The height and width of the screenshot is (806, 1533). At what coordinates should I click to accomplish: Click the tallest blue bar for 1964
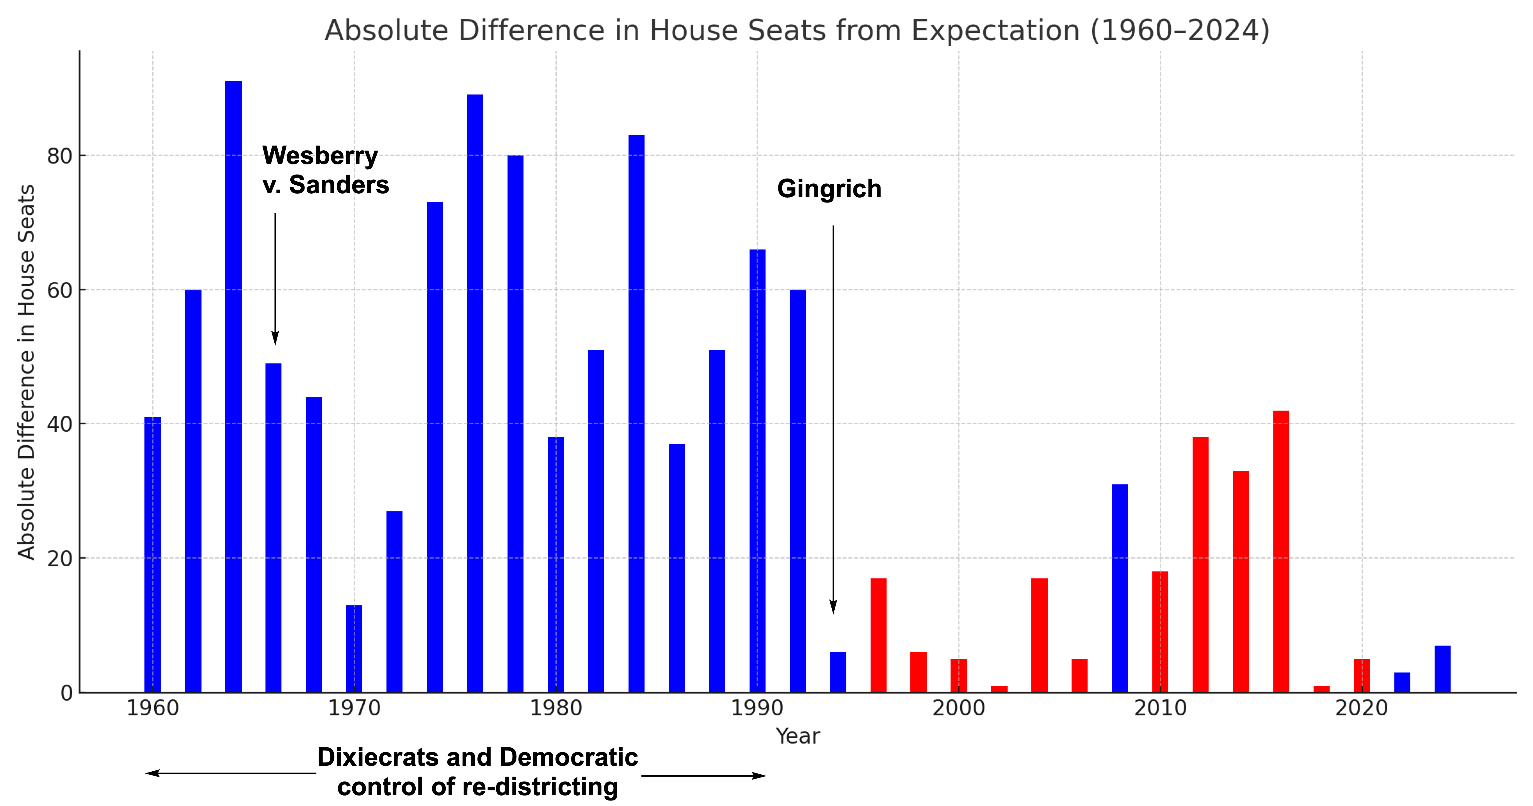pyautogui.click(x=233, y=387)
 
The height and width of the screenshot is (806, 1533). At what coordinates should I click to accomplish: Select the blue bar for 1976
pyautogui.click(x=475, y=393)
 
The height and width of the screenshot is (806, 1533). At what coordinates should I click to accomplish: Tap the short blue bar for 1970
pyautogui.click(x=354, y=649)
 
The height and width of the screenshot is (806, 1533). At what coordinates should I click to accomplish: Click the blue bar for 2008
pyautogui.click(x=1119, y=588)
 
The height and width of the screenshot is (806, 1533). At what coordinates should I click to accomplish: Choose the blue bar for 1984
pyautogui.click(x=636, y=414)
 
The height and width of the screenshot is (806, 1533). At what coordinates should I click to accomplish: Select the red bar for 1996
pyautogui.click(x=878, y=635)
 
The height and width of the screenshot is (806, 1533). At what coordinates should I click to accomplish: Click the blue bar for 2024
pyautogui.click(x=1443, y=669)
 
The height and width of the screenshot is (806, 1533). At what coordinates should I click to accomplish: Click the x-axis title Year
pyautogui.click(x=798, y=736)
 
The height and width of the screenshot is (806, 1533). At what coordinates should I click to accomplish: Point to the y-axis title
pyautogui.click(x=26, y=372)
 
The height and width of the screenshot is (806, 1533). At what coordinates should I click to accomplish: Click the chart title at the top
pyautogui.click(x=797, y=30)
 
